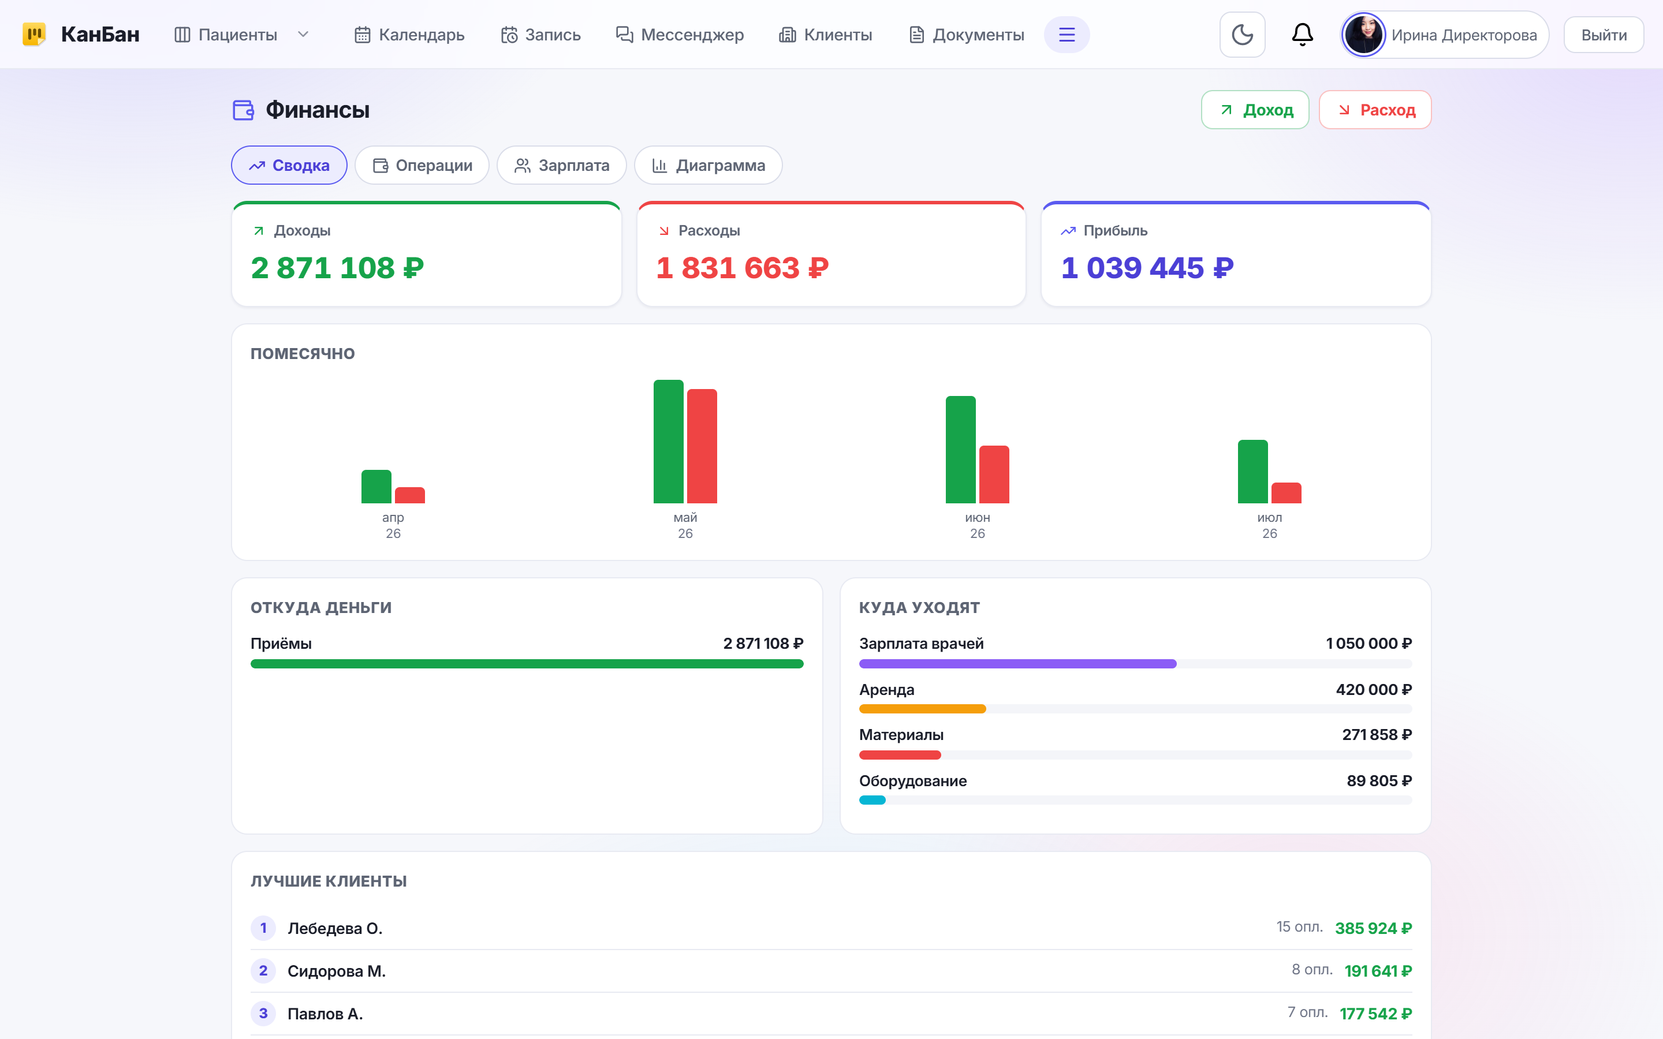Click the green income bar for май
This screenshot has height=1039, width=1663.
click(668, 441)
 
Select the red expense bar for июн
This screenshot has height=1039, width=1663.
click(994, 474)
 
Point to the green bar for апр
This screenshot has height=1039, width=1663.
click(376, 487)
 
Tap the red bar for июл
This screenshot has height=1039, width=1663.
click(1286, 493)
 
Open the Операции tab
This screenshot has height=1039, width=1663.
click(422, 165)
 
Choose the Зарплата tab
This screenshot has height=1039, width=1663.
click(561, 165)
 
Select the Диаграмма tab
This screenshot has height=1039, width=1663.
click(708, 165)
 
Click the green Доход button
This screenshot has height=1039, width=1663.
click(1255, 110)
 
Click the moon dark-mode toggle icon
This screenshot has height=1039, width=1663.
click(1241, 35)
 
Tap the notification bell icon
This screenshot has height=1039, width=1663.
click(1302, 35)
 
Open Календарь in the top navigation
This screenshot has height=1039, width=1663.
click(409, 35)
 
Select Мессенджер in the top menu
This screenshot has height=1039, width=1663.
click(679, 35)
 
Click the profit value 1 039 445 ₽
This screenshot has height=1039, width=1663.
click(1147, 267)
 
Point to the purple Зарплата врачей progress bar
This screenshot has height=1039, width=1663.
click(1018, 664)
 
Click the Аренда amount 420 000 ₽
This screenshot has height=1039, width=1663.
click(1374, 689)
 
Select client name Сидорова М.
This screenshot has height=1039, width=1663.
click(337, 971)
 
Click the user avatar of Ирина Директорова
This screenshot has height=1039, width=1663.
click(1363, 35)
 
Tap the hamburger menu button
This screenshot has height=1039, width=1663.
click(1067, 35)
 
